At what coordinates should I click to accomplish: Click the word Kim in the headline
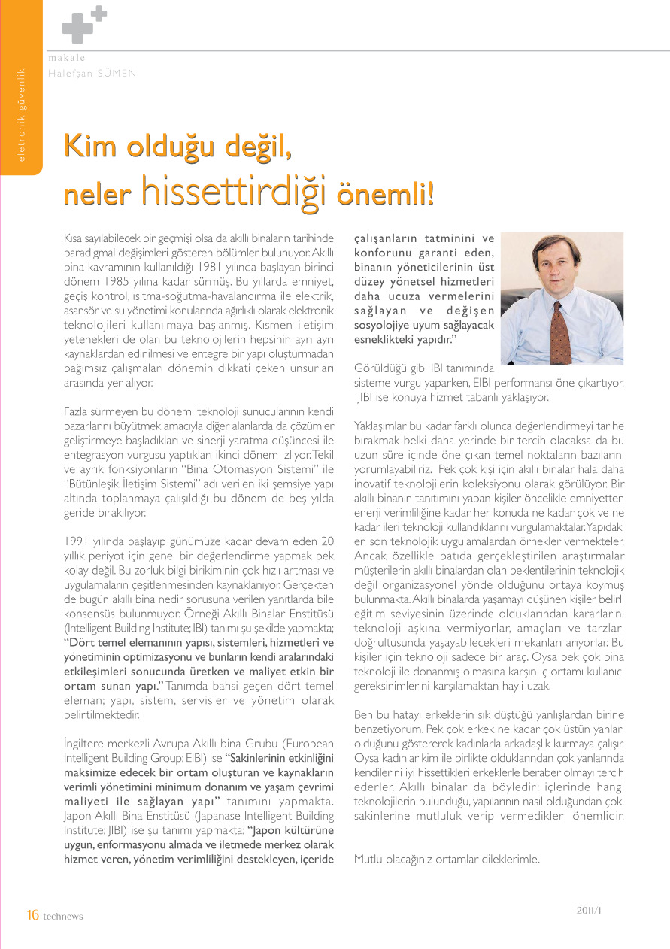click(87, 146)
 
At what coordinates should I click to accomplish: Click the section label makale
click(66, 58)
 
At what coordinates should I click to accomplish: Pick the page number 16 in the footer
click(32, 914)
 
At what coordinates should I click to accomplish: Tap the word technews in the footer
click(63, 916)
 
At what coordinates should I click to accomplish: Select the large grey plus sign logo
click(77, 29)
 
